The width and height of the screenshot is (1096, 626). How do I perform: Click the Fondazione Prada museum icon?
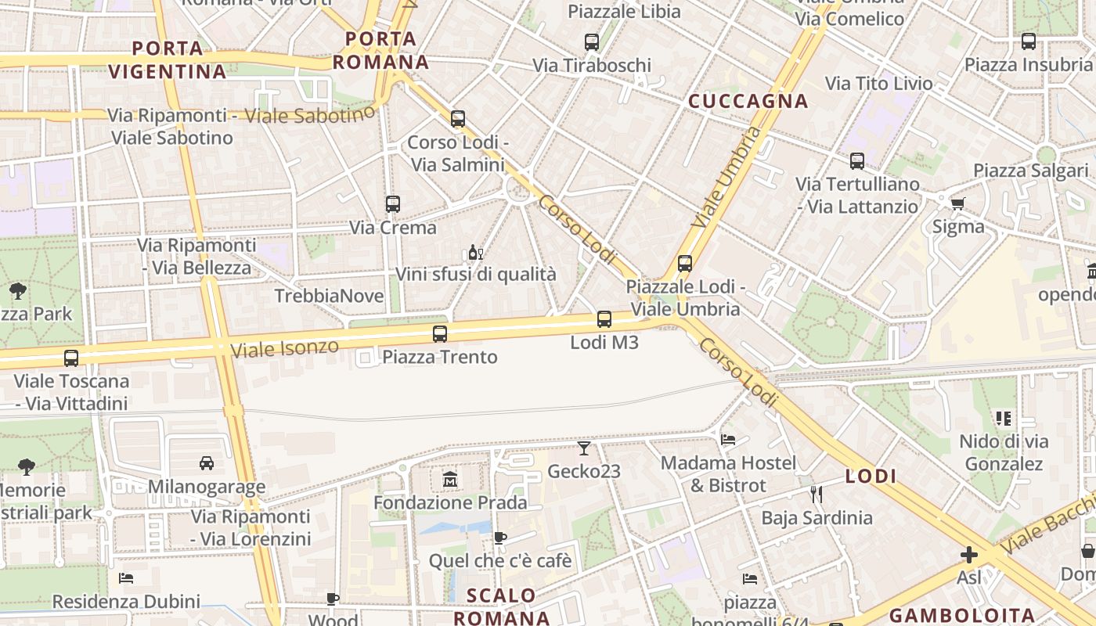(450, 479)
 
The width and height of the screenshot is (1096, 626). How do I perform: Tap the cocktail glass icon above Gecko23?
(584, 448)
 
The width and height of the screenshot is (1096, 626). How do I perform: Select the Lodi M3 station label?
(604, 342)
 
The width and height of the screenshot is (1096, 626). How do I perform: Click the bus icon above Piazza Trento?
(440, 334)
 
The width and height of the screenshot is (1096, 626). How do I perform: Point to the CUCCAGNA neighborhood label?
(748, 101)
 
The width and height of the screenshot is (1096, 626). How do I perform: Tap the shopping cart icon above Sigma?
(957, 204)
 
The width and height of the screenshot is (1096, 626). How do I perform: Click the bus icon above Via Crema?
(393, 204)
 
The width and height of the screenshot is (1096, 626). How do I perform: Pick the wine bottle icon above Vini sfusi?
(474, 252)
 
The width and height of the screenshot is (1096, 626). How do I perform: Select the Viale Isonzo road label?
(285, 347)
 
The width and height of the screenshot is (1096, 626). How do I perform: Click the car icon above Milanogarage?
(207, 463)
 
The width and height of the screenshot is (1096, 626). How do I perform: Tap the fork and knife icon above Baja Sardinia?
(817, 495)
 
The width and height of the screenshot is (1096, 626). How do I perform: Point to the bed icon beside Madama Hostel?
(728, 439)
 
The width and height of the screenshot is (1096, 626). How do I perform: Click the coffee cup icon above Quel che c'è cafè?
(500, 538)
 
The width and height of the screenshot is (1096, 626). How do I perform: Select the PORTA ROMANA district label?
(381, 50)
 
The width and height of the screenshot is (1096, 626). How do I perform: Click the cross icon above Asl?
(969, 555)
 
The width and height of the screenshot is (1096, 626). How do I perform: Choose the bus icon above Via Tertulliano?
(857, 161)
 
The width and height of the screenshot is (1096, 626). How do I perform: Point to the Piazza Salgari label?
(1031, 171)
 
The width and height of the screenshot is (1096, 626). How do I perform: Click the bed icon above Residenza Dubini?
(126, 578)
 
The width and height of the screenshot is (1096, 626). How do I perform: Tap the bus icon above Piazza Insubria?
(1029, 41)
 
